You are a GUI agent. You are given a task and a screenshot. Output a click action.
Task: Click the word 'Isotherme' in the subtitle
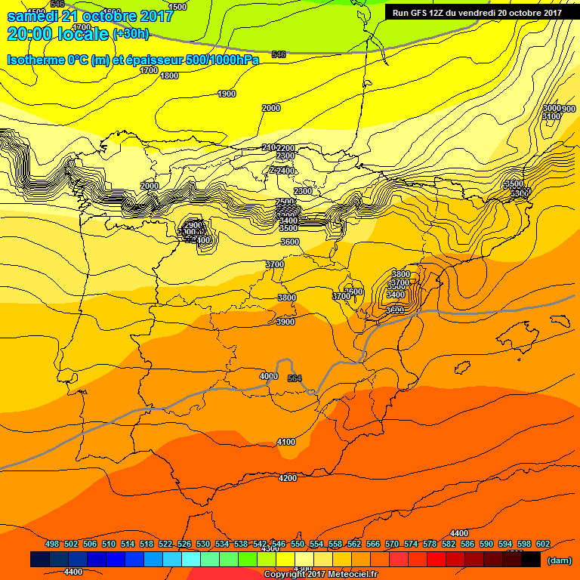click(x=36, y=60)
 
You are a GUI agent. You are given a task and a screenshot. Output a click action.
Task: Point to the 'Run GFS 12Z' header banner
click(x=477, y=12)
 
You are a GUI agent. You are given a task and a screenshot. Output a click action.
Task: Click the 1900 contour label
click(x=227, y=94)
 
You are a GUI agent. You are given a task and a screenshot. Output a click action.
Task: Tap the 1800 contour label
click(x=169, y=76)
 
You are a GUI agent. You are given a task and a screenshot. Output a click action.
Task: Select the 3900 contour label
click(x=285, y=322)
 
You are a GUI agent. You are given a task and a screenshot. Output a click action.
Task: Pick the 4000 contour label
click(x=268, y=376)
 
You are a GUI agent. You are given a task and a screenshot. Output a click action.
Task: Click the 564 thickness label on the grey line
click(x=295, y=378)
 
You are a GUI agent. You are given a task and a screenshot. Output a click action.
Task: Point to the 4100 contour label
click(x=286, y=442)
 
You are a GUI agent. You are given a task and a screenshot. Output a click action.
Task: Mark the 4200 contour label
click(x=288, y=478)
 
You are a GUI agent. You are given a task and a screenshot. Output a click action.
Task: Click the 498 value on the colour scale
click(x=52, y=544)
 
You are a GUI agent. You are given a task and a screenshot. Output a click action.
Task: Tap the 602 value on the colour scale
click(x=543, y=544)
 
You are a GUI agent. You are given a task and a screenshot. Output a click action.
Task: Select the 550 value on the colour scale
click(x=298, y=544)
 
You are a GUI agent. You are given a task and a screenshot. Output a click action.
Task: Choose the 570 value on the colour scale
click(x=392, y=544)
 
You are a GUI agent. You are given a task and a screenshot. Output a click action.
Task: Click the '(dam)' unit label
click(x=559, y=560)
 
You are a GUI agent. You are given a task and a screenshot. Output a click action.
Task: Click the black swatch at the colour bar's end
click(x=531, y=559)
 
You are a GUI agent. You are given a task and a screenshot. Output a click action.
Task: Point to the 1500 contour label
click(x=177, y=7)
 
